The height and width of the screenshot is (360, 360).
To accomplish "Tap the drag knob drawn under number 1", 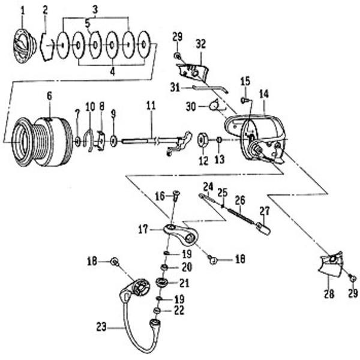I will pyautogui.click(x=23, y=46).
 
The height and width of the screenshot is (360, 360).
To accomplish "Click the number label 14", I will pyautogui.click(x=263, y=94).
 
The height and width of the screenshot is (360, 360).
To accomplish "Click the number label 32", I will pyautogui.click(x=200, y=43).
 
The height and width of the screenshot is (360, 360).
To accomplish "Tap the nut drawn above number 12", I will pyautogui.click(x=203, y=140).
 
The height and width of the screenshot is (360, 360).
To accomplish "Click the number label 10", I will pyautogui.click(x=90, y=106).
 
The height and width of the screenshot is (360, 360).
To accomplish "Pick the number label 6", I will pyautogui.click(x=49, y=95).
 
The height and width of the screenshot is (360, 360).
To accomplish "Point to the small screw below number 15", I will pyautogui.click(x=245, y=100).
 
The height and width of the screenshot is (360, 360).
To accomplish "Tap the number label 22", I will pyautogui.click(x=179, y=311).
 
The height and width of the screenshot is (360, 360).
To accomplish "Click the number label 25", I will pyautogui.click(x=223, y=193).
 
